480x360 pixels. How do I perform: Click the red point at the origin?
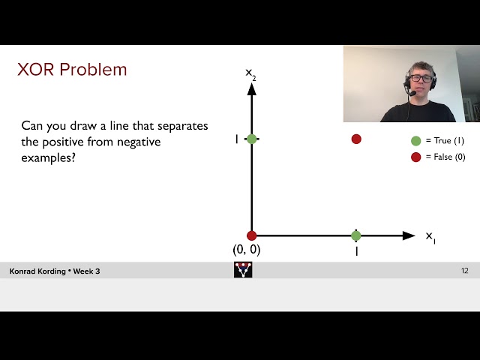(251, 235)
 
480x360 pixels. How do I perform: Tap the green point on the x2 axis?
(252, 139)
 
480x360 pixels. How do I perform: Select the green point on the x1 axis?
(356, 235)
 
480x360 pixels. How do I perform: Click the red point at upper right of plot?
(356, 139)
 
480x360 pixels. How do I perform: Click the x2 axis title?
(250, 73)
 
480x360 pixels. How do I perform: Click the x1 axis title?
(430, 237)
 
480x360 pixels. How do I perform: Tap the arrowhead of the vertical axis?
(252, 88)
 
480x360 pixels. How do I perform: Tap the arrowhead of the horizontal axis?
(409, 235)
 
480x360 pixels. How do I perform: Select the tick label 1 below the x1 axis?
(356, 252)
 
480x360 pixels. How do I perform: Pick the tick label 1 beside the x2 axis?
(237, 139)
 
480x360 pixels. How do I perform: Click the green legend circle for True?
(415, 141)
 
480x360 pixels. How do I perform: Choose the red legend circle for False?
(415, 157)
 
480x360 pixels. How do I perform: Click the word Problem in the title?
(93, 70)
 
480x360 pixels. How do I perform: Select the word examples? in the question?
(48, 158)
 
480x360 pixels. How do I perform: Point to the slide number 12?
(464, 271)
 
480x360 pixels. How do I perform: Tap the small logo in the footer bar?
(243, 270)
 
